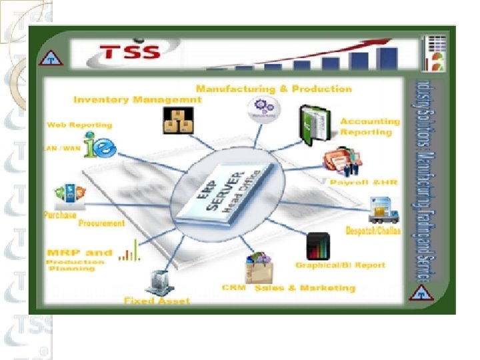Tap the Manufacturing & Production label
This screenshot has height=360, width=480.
pyautogui.click(x=273, y=89)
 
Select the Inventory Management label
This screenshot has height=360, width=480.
pyautogui.click(x=137, y=100)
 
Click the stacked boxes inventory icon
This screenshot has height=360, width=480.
pyautogui.click(x=177, y=121)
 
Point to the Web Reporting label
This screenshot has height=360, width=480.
pyautogui.click(x=79, y=125)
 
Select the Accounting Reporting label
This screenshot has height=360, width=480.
pyautogui.click(x=369, y=127)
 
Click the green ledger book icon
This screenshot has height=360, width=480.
pyautogui.click(x=312, y=124)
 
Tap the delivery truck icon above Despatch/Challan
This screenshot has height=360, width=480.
pyautogui.click(x=383, y=209)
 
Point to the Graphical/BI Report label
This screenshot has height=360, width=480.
pyautogui.click(x=340, y=265)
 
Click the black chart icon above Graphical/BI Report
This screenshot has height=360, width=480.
pyautogui.click(x=317, y=245)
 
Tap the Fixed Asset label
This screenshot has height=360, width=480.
pyautogui.click(x=157, y=301)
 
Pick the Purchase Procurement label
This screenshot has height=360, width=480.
pyautogui.click(x=82, y=219)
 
